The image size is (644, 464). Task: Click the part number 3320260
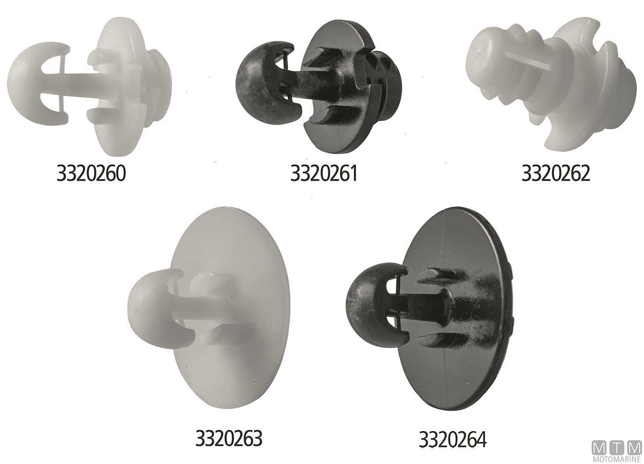click(91, 173)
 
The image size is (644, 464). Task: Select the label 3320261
click(324, 173)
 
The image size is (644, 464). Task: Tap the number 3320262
click(556, 173)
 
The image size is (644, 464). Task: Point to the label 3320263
click(229, 438)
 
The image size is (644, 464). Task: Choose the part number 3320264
click(452, 439)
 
